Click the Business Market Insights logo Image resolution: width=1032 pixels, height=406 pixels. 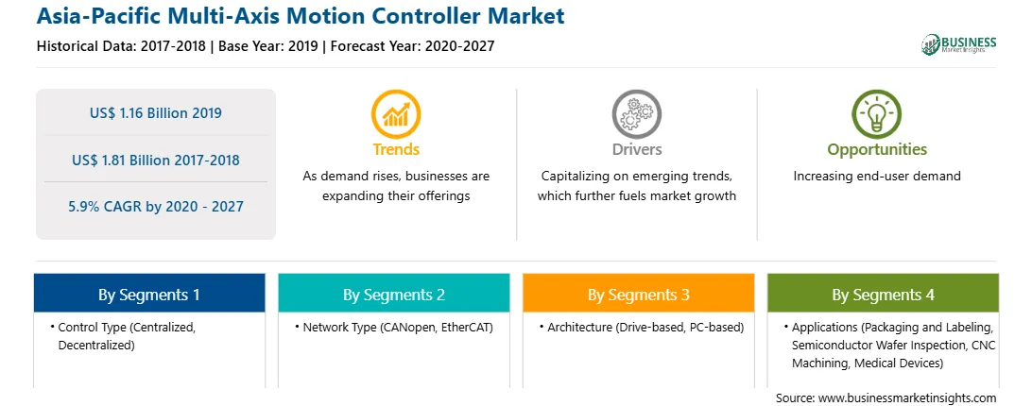[959, 44]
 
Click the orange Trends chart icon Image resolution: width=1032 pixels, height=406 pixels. [396, 114]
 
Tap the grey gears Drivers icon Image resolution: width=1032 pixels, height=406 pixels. [636, 114]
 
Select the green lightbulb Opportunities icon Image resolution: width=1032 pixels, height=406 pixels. [877, 114]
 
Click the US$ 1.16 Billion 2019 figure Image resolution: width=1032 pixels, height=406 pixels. [156, 112]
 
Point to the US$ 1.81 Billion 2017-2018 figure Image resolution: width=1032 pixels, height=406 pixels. [156, 160]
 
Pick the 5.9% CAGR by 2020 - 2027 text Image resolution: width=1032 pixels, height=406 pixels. [156, 207]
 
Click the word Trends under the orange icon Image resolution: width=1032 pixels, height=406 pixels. [396, 149]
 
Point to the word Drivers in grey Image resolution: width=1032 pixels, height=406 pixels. [637, 149]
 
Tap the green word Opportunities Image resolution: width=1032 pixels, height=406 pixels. [877, 150]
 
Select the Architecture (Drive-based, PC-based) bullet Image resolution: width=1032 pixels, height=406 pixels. [642, 327]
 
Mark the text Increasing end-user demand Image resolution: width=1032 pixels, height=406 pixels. [877, 176]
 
